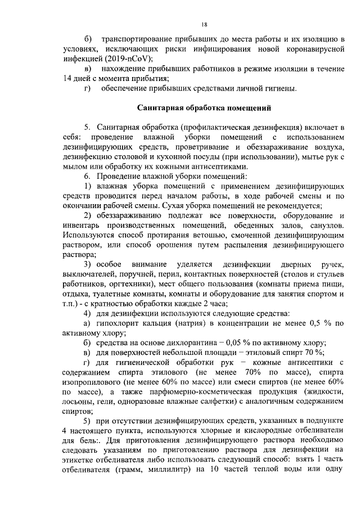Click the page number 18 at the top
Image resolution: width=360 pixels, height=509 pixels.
(x=204, y=24)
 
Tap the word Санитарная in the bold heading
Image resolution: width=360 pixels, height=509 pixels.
(x=163, y=107)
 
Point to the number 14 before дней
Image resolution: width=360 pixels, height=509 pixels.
(x=69, y=79)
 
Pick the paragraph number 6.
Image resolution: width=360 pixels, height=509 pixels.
(x=87, y=177)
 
